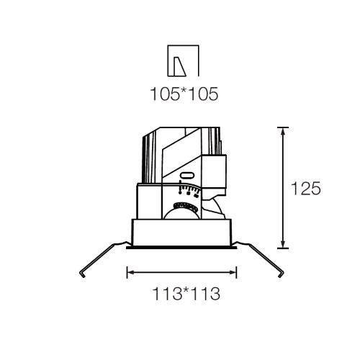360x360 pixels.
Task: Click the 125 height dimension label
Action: coord(306,188)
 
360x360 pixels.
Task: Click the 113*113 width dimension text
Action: coord(186,294)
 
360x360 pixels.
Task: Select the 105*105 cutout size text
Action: coord(184,94)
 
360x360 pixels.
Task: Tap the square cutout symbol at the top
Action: coord(184,60)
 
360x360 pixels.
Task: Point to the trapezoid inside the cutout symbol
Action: coord(179,67)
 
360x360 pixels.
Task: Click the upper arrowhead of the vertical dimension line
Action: coord(283,132)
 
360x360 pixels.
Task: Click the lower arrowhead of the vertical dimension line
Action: coord(283,243)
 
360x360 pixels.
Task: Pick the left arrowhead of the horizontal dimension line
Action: coord(131,272)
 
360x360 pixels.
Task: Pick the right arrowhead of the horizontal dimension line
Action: coord(233,272)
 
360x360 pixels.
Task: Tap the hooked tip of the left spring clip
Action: coord(81,275)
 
